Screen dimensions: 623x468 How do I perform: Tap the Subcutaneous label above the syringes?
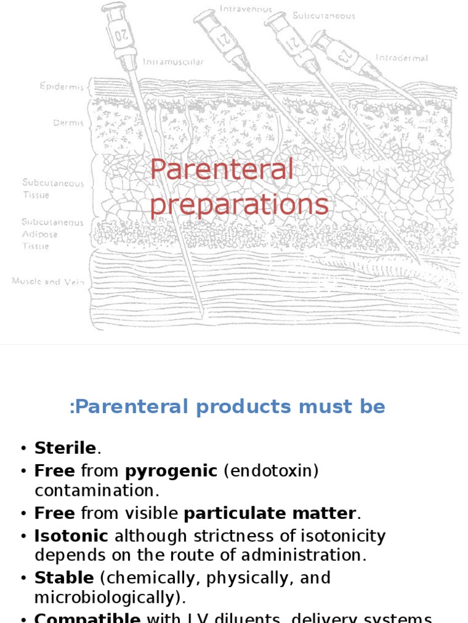coord(324,16)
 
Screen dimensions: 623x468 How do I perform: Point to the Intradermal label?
coord(402,58)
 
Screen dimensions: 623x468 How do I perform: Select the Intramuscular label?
coord(173,62)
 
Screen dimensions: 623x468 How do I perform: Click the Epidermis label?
coord(62,86)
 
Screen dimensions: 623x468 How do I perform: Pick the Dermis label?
coord(68,123)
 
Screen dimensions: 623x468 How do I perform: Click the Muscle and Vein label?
coord(48,282)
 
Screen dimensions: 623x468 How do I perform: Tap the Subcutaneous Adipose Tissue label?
coord(52,234)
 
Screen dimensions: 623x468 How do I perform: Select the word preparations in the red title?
coord(239,204)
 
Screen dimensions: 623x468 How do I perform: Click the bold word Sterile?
coord(65,448)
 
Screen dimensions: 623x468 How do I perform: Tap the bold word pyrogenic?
coord(171,471)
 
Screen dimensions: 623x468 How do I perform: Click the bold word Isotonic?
coord(71,536)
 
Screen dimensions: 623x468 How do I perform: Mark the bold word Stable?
coord(64,577)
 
